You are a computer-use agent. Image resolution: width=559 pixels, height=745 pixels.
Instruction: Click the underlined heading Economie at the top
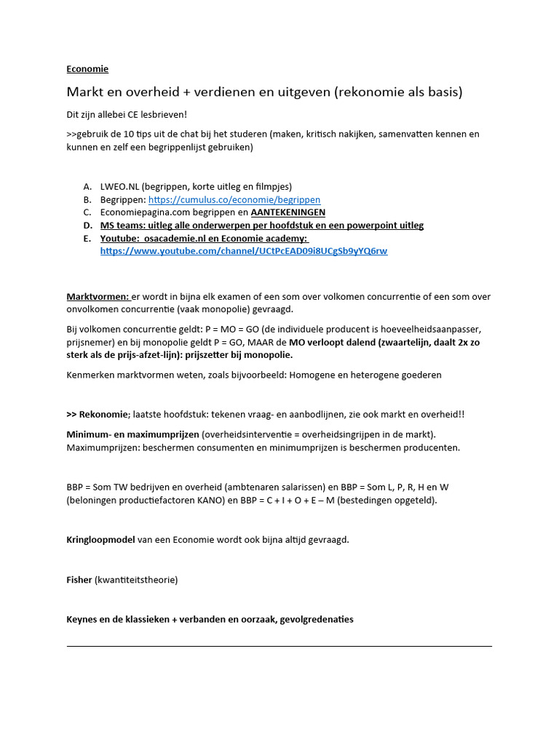87,69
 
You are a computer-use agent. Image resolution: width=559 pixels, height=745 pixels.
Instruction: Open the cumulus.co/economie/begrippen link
234,199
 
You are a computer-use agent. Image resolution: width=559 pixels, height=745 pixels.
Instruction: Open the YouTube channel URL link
243,251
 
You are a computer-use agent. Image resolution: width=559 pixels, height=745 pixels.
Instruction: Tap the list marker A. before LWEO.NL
87,186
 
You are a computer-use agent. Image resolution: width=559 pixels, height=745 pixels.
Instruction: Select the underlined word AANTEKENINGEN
288,212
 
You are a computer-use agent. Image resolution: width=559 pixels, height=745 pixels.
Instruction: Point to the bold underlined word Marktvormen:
98,297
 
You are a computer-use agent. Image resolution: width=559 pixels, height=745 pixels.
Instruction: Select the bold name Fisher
79,580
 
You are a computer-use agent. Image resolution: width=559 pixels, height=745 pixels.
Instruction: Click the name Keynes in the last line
83,619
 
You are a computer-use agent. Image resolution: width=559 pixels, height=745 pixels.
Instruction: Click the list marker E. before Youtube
87,239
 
